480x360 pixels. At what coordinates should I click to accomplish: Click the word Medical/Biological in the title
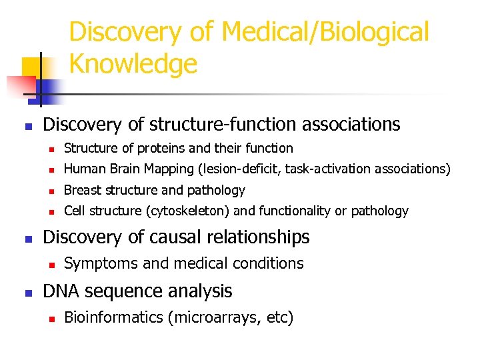point(325,32)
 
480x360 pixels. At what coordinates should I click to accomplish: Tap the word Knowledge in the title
point(133,64)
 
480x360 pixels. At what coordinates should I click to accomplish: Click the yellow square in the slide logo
point(33,67)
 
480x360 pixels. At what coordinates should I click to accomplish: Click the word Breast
point(82,190)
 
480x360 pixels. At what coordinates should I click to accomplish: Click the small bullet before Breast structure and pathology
point(51,191)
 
